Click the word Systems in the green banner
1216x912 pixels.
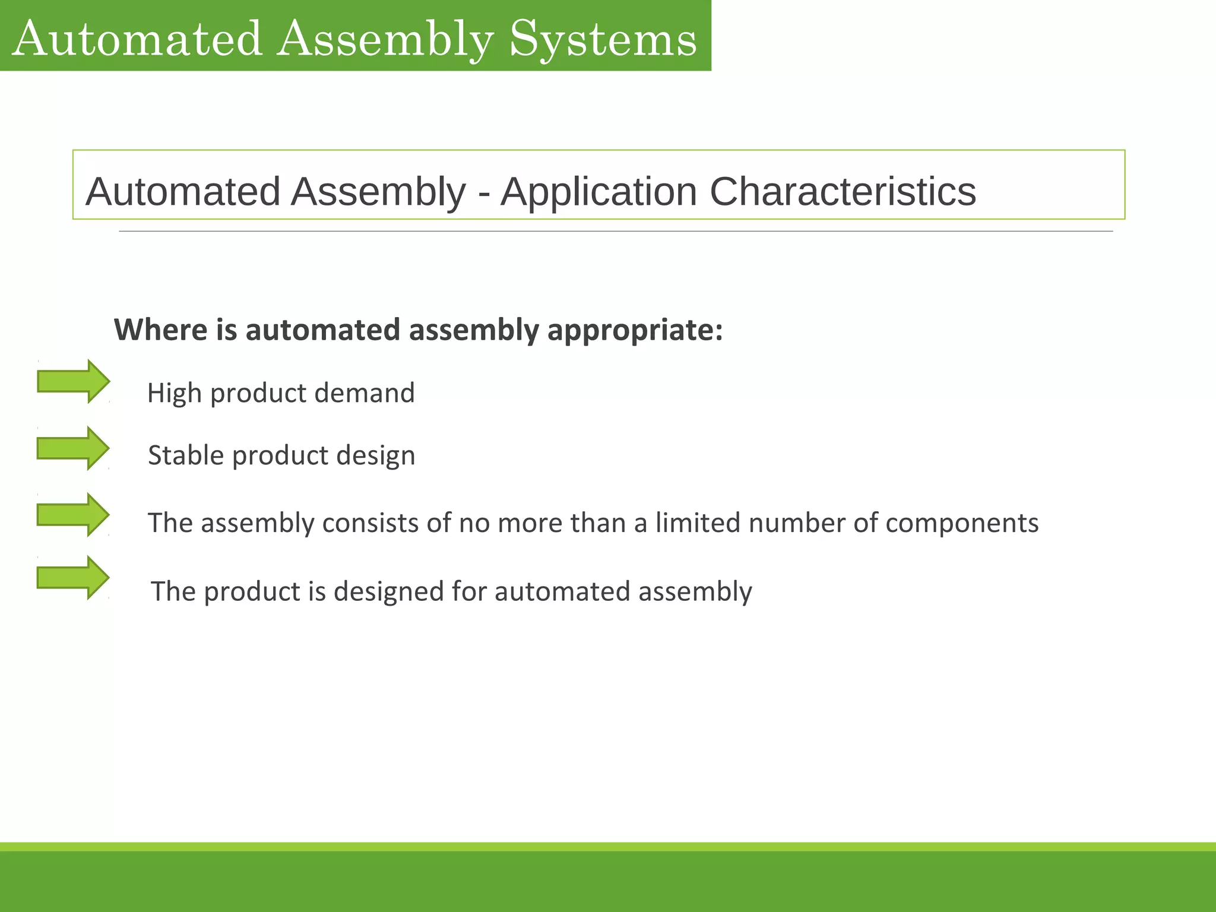pyautogui.click(x=603, y=39)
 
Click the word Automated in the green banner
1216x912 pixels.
pyautogui.click(x=137, y=39)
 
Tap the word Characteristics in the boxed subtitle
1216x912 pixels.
pyautogui.click(x=843, y=192)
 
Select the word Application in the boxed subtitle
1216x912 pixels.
pyautogui.click(x=598, y=192)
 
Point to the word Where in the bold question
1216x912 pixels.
pyautogui.click(x=160, y=330)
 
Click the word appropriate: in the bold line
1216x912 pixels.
pyautogui.click(x=635, y=331)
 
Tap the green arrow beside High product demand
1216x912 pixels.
pyautogui.click(x=73, y=381)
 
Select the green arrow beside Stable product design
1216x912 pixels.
pyautogui.click(x=73, y=448)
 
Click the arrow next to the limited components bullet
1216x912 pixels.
pyautogui.click(x=73, y=514)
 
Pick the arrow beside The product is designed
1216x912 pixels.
pyautogui.click(x=73, y=577)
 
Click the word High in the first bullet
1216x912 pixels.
pyautogui.click(x=173, y=394)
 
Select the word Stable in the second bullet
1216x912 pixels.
pyautogui.click(x=185, y=455)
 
